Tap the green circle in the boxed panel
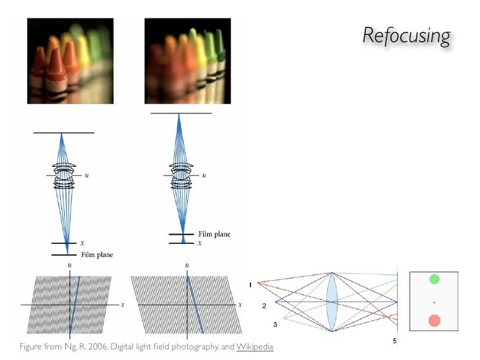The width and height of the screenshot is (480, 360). point(435,279)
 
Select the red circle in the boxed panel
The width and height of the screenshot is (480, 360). point(435,321)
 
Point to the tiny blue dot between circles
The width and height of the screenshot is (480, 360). point(435,303)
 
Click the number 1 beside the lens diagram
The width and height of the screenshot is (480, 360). point(251,284)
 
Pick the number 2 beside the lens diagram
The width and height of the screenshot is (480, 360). point(264,306)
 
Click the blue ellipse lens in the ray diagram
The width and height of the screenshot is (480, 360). point(332,301)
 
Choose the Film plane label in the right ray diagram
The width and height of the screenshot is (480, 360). point(214,234)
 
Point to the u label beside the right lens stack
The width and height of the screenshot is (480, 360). point(204,175)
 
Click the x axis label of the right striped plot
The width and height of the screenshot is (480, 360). point(240,305)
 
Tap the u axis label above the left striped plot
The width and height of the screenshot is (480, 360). point(69,265)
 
